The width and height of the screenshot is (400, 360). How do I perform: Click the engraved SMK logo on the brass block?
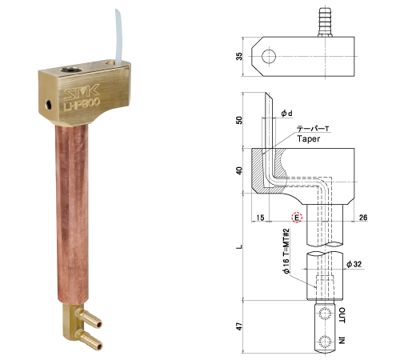82,90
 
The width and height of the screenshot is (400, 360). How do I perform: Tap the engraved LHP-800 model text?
82,104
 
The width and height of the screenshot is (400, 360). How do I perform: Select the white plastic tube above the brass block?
118,37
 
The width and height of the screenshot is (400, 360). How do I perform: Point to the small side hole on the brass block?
49,104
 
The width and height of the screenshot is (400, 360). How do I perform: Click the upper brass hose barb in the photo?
89,317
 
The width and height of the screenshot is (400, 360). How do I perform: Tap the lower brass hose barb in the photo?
89,340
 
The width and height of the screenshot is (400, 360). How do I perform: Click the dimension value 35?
239,56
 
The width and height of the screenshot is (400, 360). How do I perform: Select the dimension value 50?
239,120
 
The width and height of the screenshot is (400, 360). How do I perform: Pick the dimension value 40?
239,170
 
